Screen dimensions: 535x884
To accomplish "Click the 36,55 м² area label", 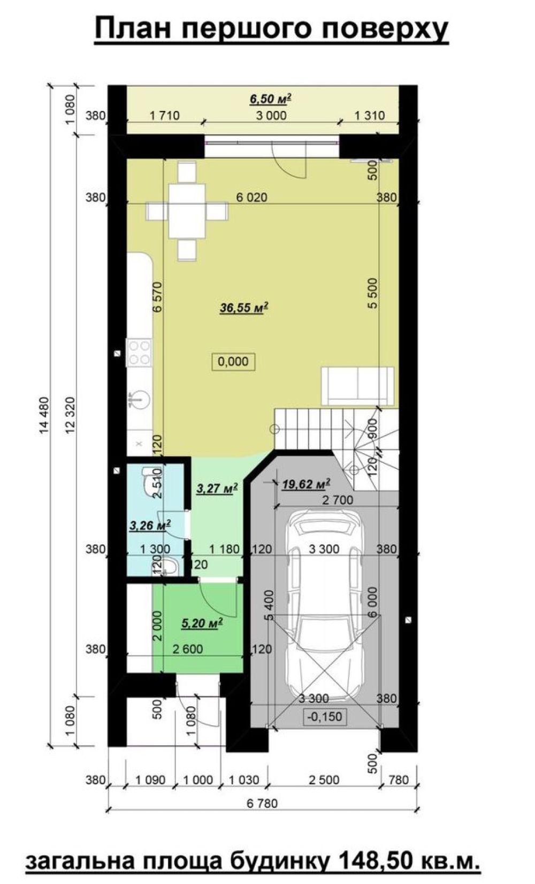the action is point(244,308).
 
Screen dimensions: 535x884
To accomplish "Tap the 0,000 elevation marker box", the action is point(233,362).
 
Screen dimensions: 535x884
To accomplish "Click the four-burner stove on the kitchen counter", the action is point(139,353).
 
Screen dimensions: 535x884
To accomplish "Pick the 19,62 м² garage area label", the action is point(306,484).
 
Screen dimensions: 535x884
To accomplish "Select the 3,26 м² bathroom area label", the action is point(150,525).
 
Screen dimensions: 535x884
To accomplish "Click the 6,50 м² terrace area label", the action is point(271,99).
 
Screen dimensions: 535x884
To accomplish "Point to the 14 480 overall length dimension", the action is point(45,416).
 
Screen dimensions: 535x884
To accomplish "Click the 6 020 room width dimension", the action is point(251,197).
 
